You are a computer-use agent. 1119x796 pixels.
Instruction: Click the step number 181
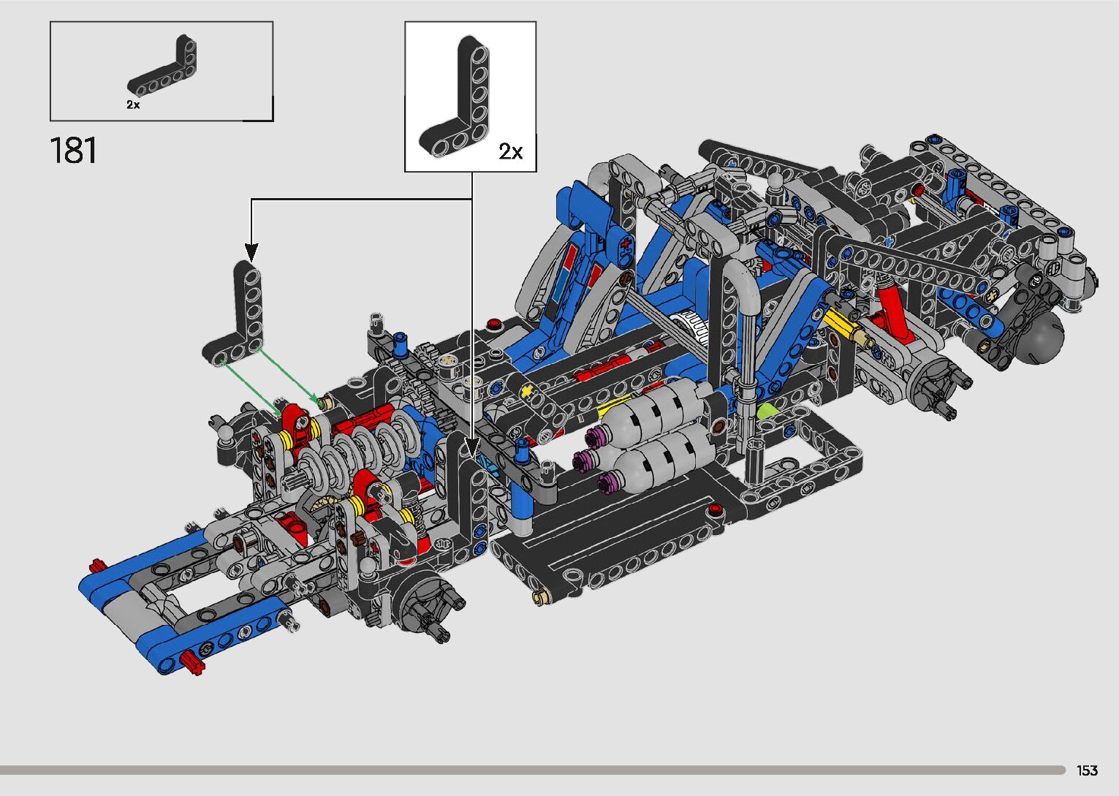73,150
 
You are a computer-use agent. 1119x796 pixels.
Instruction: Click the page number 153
1087,770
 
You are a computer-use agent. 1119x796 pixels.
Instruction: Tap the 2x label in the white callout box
511,151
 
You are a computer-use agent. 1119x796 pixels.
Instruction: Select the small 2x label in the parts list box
133,105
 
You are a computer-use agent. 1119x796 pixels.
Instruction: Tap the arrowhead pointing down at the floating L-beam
251,252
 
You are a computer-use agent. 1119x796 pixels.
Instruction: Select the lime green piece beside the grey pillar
767,412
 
